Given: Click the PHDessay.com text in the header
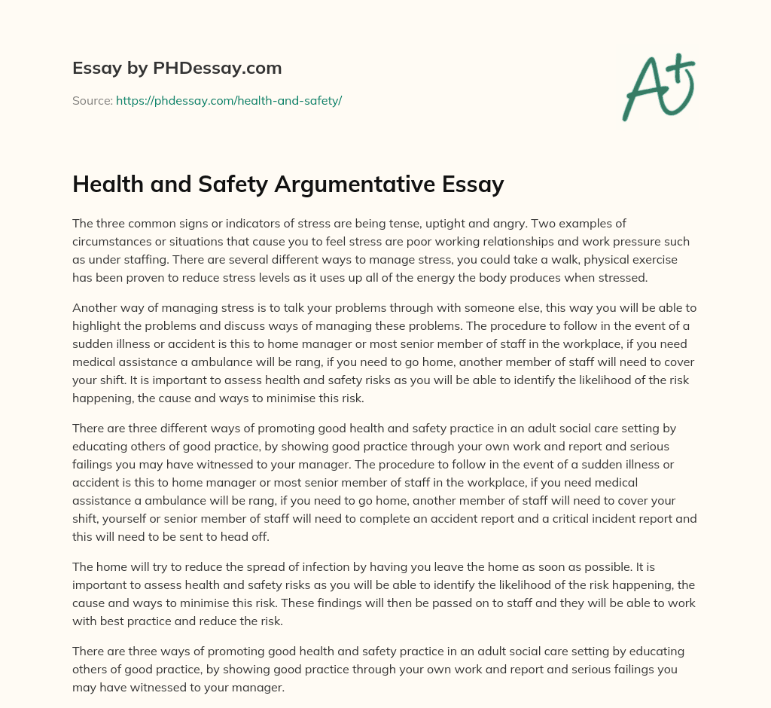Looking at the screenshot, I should pyautogui.click(x=218, y=69).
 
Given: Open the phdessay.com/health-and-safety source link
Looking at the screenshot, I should pyautogui.click(x=229, y=100).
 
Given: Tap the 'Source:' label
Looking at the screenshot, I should pyautogui.click(x=92, y=100).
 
